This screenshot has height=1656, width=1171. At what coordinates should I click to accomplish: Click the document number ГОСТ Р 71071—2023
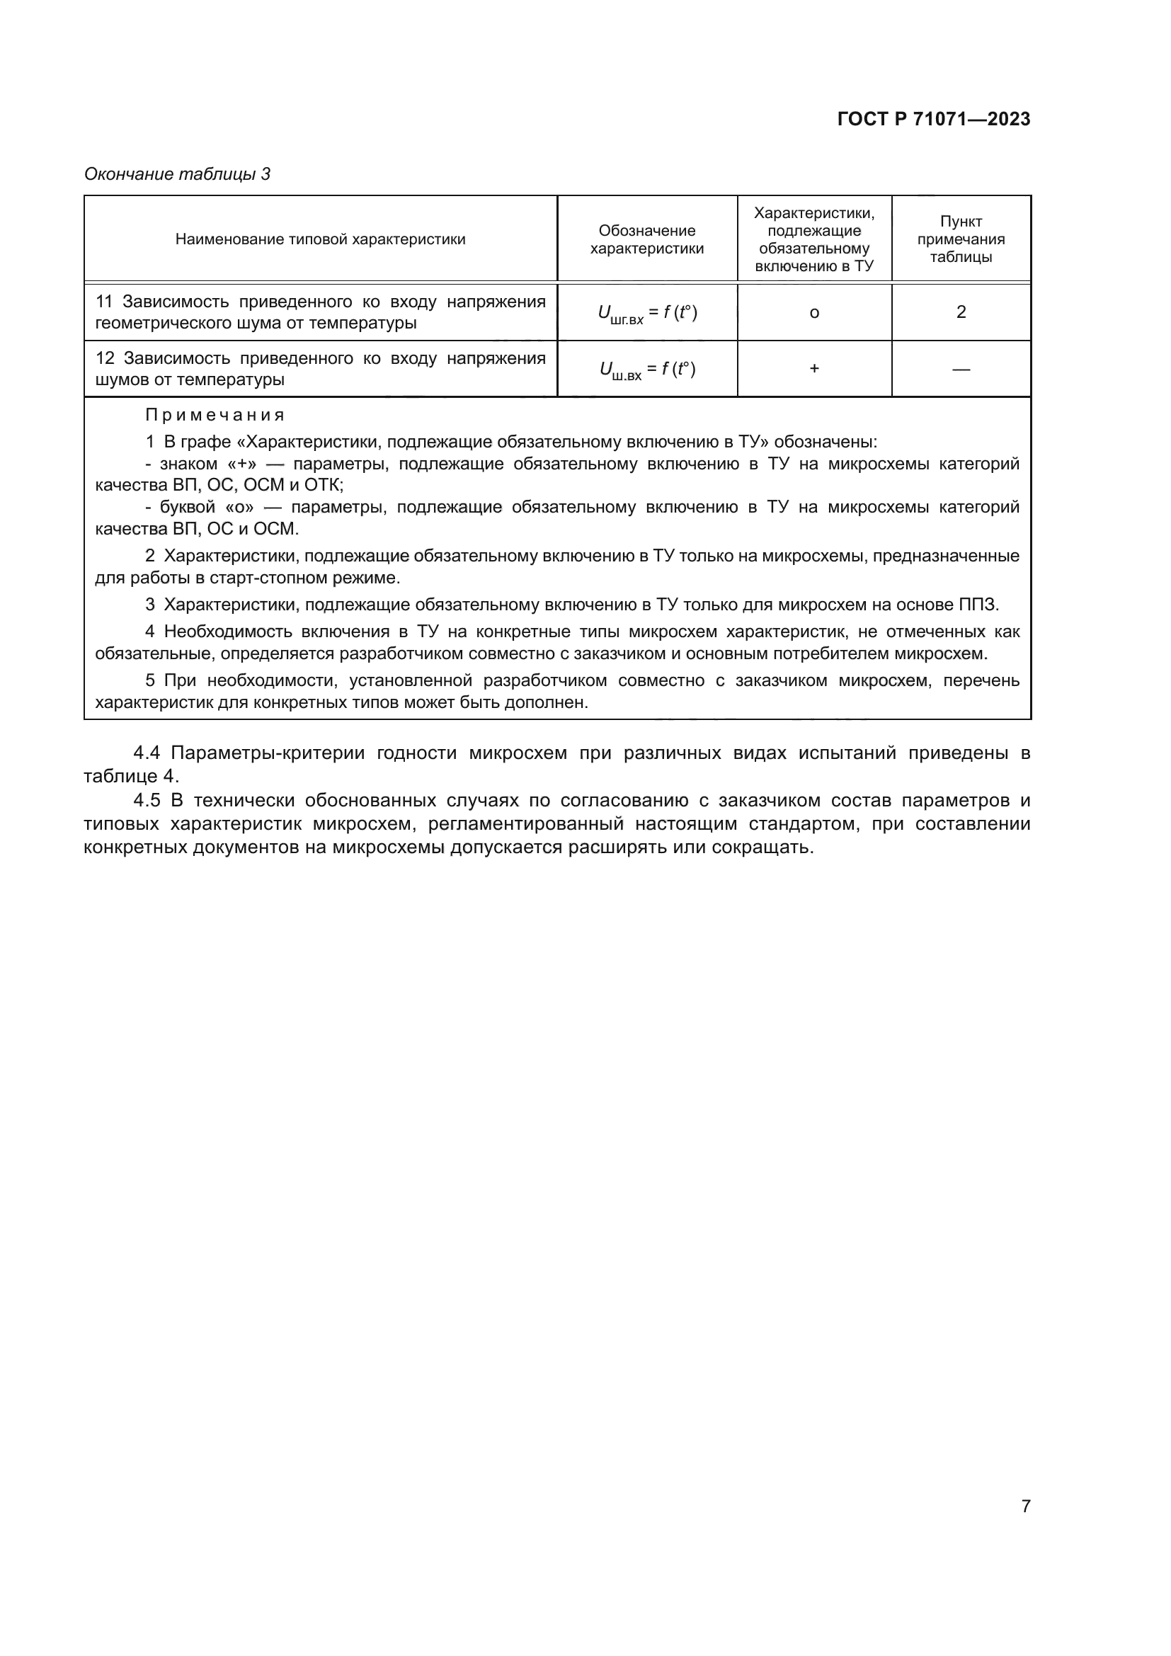[x=934, y=119]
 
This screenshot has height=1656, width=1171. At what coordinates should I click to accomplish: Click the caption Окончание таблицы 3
[x=178, y=174]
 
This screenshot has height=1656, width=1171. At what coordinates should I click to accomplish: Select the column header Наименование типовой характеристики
[x=320, y=239]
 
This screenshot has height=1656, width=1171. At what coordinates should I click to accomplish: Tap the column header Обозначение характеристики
[x=647, y=239]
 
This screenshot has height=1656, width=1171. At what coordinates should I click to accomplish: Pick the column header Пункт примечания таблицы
[x=961, y=239]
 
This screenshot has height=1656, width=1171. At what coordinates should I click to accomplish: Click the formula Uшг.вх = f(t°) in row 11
[x=647, y=313]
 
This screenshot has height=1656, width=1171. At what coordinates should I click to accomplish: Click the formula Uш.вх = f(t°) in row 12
[x=647, y=370]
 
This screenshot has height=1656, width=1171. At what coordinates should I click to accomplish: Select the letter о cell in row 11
[x=814, y=313]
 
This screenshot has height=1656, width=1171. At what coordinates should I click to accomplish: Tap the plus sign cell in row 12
[x=814, y=369]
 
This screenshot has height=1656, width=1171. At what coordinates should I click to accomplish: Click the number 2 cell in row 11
[x=961, y=312]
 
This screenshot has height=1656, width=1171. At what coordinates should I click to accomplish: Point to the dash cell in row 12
[x=961, y=370]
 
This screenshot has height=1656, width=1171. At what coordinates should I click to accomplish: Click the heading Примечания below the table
[x=215, y=416]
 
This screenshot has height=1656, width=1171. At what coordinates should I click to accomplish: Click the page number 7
[x=1025, y=1506]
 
